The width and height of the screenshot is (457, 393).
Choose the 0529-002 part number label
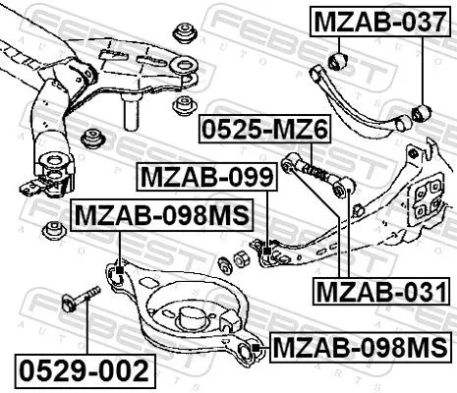[x=85, y=371]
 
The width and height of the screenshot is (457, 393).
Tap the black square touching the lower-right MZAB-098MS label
[x=255, y=346]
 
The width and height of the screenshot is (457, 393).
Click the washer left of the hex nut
[x=222, y=263]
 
